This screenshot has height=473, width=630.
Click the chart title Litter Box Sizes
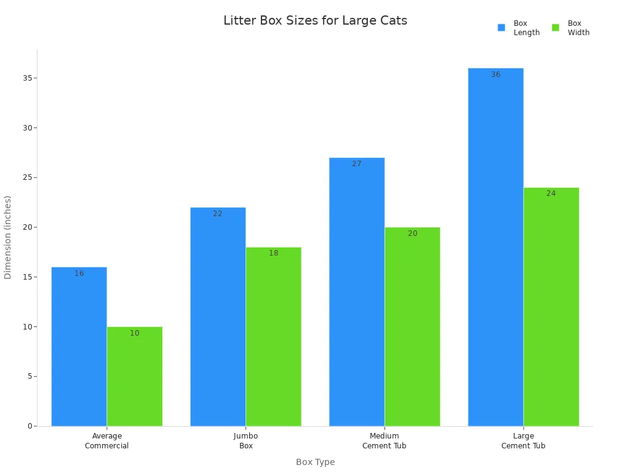click(315, 21)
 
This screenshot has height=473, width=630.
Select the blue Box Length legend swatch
click(501, 28)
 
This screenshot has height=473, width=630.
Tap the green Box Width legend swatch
click(556, 28)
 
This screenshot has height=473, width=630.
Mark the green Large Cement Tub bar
click(551, 308)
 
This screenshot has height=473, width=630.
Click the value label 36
click(496, 75)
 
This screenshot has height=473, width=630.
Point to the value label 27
click(357, 164)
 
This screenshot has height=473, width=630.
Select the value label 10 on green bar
click(135, 333)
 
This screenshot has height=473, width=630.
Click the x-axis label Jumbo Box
click(246, 441)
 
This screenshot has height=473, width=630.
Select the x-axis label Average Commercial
click(107, 441)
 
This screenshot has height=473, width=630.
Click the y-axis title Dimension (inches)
click(8, 237)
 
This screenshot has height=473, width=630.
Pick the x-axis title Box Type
click(315, 462)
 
